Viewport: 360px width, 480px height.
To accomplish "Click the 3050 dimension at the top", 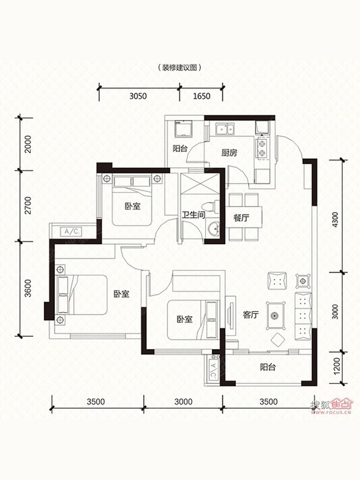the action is click(x=138, y=96).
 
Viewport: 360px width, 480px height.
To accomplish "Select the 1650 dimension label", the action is click(x=202, y=96).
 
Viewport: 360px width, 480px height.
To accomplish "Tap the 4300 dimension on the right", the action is click(x=335, y=219).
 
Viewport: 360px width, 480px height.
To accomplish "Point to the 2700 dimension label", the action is click(x=28, y=206).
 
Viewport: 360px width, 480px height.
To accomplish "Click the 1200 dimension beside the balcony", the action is click(x=337, y=366).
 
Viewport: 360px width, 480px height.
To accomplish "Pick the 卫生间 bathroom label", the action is click(x=193, y=215).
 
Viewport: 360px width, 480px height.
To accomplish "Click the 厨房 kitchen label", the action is click(x=229, y=152).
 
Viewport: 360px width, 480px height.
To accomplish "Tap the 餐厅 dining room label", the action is click(x=241, y=218).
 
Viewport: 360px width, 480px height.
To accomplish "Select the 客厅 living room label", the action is click(x=251, y=315).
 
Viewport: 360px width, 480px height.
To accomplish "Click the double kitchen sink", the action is click(x=225, y=129).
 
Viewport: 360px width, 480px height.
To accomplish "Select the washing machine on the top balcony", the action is click(x=183, y=129).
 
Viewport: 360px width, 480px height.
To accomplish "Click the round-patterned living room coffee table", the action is click(x=276, y=315).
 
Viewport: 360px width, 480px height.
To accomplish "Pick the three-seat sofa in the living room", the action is click(x=303, y=317).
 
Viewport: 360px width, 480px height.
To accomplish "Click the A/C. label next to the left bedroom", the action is click(x=71, y=232).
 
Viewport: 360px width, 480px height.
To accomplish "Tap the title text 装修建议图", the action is click(x=179, y=68).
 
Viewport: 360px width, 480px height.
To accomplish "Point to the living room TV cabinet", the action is click(x=230, y=315).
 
